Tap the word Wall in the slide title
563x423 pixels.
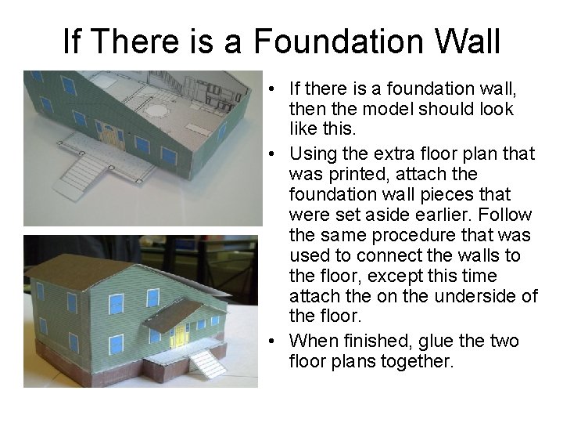(x=464, y=42)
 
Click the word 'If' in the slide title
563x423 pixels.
(x=70, y=42)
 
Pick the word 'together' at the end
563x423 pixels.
(x=412, y=362)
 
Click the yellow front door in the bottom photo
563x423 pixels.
(x=181, y=334)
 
